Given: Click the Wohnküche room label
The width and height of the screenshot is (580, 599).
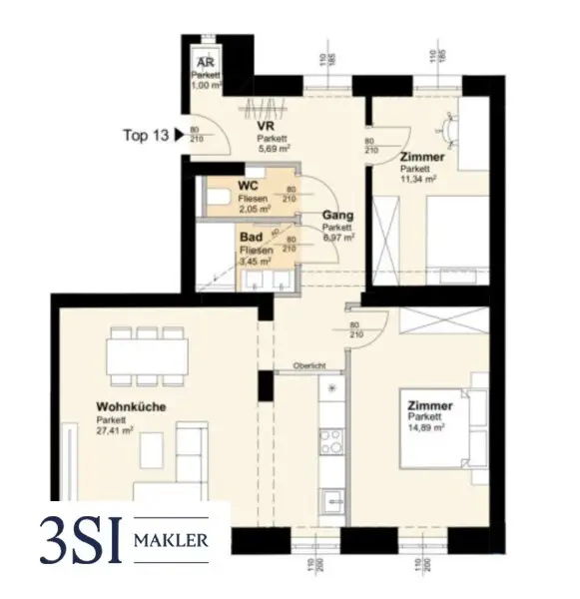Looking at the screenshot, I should pyautogui.click(x=131, y=407).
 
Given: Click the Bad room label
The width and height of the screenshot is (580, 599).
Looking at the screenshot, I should pyautogui.click(x=250, y=238).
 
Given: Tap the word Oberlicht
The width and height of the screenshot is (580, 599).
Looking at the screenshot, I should pyautogui.click(x=309, y=366).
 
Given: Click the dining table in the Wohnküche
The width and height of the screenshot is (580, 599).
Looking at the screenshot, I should pyautogui.click(x=148, y=353).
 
